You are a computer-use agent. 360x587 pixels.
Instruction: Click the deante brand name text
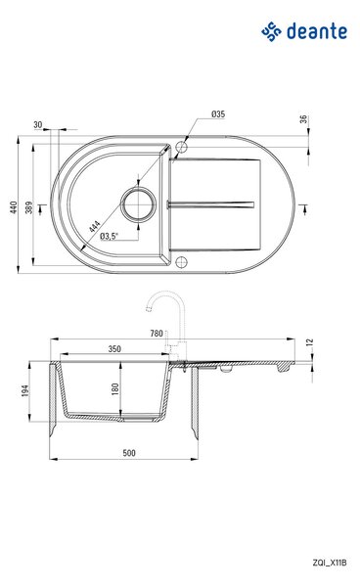coord(317,31)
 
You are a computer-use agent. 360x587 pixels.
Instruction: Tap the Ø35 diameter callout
coord(218,114)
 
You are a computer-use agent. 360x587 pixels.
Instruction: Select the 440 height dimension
coord(14,207)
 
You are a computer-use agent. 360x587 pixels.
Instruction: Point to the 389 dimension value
coord(28,207)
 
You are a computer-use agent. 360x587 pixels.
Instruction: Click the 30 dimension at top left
coord(38,124)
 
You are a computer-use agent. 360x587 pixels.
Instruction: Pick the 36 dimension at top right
coord(303,119)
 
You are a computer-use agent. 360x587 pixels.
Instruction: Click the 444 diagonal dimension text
coord(95,227)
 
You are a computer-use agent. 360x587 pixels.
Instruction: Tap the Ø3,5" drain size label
coord(109,236)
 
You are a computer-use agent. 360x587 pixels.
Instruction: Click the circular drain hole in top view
coord(138,203)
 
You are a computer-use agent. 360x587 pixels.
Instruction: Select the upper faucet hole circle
coord(181,147)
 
